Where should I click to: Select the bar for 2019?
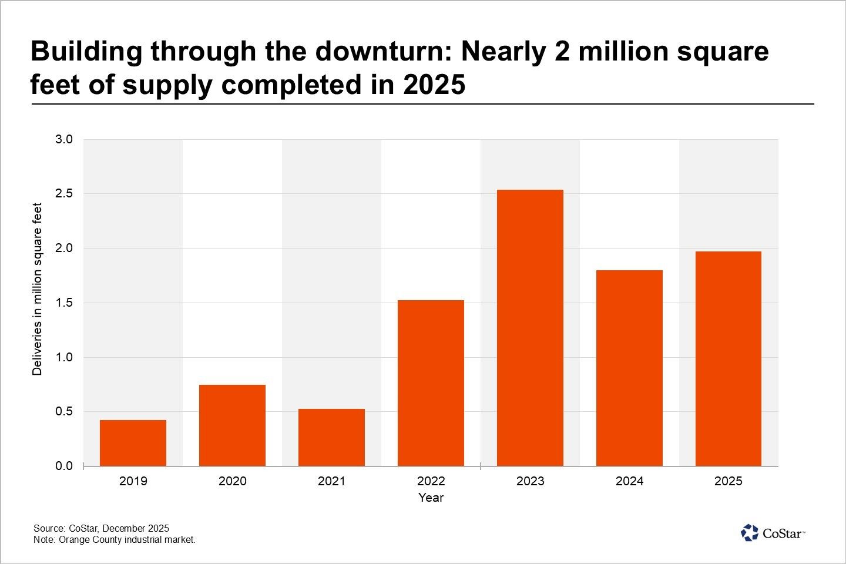pyautogui.click(x=133, y=443)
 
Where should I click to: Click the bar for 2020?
pyautogui.click(x=232, y=425)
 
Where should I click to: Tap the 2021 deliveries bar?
pyautogui.click(x=331, y=437)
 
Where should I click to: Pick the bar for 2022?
pyautogui.click(x=431, y=383)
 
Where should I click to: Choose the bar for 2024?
pyautogui.click(x=629, y=368)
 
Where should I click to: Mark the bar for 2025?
pyautogui.click(x=728, y=358)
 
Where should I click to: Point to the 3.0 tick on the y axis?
pyautogui.click(x=64, y=139)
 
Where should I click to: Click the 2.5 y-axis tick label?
pyautogui.click(x=64, y=194)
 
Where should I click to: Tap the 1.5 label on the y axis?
pyautogui.click(x=64, y=303)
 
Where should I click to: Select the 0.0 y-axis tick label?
pyautogui.click(x=64, y=466)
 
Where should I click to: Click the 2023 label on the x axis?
pyautogui.click(x=530, y=481)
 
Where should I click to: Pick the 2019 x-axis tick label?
pyautogui.click(x=133, y=481)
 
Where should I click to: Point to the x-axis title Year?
pyautogui.click(x=431, y=498)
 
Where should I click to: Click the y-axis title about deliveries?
pyautogui.click(x=38, y=289)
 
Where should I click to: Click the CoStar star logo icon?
pyautogui.click(x=750, y=533)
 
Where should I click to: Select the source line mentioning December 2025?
pyautogui.click(x=101, y=528)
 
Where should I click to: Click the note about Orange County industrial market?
pyautogui.click(x=114, y=539)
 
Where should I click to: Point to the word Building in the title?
pyautogui.click(x=86, y=52)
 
